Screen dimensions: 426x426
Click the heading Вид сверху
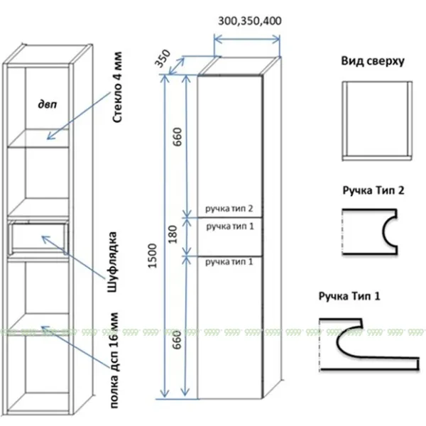point(372,62)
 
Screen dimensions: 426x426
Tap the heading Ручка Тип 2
point(373,191)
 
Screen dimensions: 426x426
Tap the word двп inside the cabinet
point(47,104)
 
